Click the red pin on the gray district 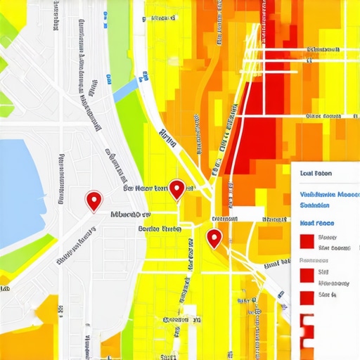pyautogui.click(x=94, y=200)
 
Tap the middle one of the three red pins pyautogui.click(x=177, y=188)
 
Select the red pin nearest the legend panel pyautogui.click(x=214, y=238)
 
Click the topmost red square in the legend pyautogui.click(x=307, y=241)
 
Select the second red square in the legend pyautogui.click(x=307, y=274)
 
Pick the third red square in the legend pyautogui.click(x=307, y=297)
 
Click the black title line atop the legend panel pyautogui.click(x=316, y=173)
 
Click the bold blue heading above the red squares pyautogui.click(x=316, y=222)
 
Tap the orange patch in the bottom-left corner pyautogui.click(x=32, y=330)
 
